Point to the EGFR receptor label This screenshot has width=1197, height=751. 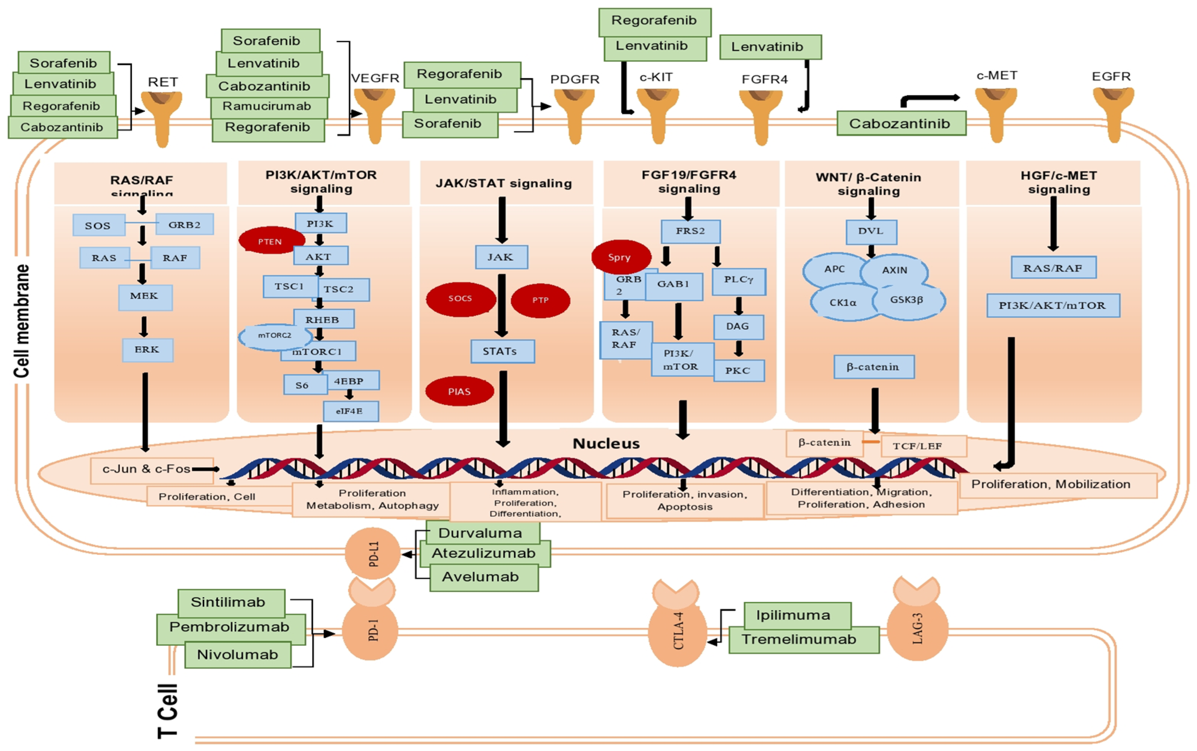[1111, 77]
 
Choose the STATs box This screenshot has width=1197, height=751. [502, 351]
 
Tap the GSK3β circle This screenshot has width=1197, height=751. [907, 300]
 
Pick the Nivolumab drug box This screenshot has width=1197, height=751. [238, 655]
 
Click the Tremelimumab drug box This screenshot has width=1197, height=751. [803, 640]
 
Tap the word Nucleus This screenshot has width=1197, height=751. [606, 444]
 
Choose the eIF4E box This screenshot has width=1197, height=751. [350, 411]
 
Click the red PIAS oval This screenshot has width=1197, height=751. [460, 391]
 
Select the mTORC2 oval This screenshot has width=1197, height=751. [274, 336]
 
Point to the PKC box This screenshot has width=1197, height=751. [739, 370]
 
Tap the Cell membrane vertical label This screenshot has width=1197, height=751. [22, 320]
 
